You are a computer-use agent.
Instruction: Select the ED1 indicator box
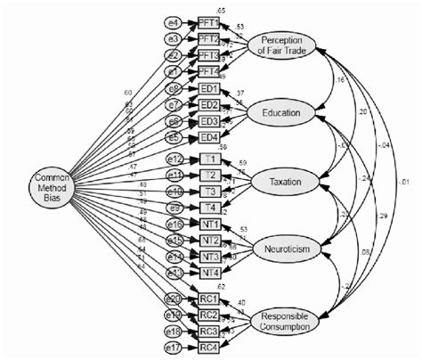point(208,90)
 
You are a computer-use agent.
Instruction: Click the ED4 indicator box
point(208,136)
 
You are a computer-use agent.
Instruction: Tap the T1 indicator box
point(209,159)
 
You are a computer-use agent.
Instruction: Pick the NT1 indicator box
point(209,225)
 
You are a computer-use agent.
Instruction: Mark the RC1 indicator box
point(208,299)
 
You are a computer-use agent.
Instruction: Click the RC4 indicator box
point(208,347)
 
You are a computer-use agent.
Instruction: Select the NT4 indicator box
point(209,272)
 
